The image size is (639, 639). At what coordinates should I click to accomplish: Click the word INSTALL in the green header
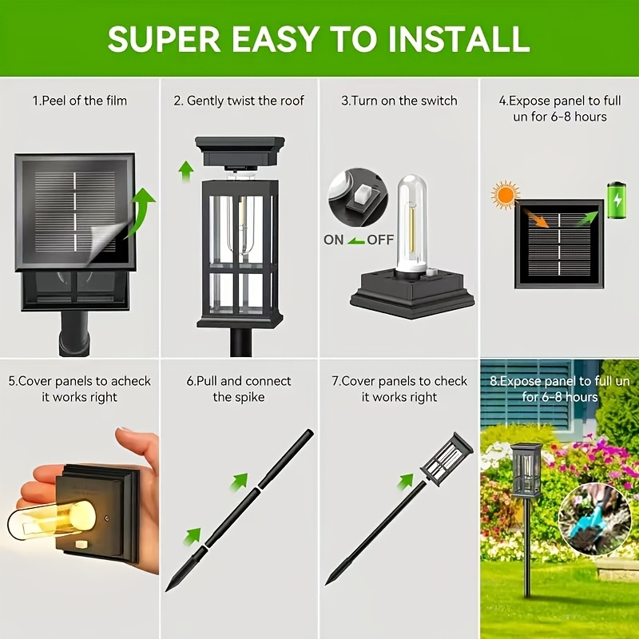(x=458, y=38)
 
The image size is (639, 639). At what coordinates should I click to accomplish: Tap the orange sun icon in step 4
(x=506, y=195)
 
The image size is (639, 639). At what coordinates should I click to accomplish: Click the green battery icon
(x=617, y=200)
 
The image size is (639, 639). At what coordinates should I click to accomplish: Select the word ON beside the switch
(x=333, y=240)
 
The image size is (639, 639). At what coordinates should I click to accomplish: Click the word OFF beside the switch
(x=380, y=240)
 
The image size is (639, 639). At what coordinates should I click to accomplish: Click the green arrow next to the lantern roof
(x=186, y=171)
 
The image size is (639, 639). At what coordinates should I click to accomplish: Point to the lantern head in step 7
(x=447, y=459)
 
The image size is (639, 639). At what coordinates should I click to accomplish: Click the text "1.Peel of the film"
(x=80, y=101)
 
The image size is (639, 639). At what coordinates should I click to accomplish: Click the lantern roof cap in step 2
(x=240, y=152)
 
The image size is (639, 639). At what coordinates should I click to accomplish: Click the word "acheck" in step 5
(x=131, y=381)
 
